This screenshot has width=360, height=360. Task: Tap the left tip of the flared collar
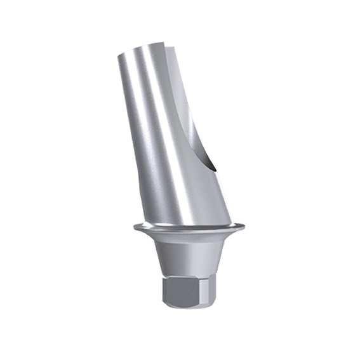coord(134,225)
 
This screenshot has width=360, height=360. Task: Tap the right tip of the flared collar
coord(246,223)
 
